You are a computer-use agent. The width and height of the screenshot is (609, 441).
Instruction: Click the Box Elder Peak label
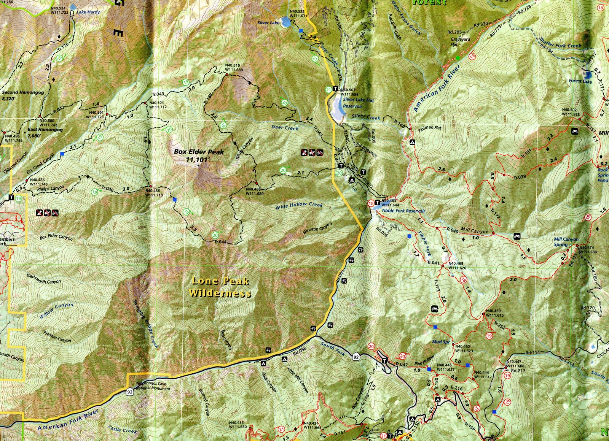click(x=199, y=155)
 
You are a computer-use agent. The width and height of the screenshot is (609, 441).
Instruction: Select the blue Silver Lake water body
click(x=286, y=22)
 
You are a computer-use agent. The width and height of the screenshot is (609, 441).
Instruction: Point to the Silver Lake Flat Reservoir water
click(x=337, y=109)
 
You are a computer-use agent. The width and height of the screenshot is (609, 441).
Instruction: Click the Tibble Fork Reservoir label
click(x=403, y=211)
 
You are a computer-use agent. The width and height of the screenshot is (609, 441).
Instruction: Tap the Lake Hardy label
click(x=88, y=12)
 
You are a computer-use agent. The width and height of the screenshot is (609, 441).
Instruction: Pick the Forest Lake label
click(x=580, y=81)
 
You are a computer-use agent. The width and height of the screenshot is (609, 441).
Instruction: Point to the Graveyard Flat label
click(x=460, y=41)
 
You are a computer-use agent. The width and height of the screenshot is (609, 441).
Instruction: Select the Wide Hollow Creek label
click(x=299, y=206)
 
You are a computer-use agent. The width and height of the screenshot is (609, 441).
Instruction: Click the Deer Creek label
click(x=285, y=127)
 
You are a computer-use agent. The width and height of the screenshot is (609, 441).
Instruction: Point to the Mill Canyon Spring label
click(x=566, y=242)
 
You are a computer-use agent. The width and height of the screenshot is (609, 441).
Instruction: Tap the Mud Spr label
click(x=441, y=342)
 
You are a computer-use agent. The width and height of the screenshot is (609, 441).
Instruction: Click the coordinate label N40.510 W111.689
click(x=234, y=67)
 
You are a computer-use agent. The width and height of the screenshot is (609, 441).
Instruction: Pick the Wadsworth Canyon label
click(x=43, y=279)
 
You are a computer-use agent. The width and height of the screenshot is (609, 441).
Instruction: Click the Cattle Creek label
click(x=123, y=430)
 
